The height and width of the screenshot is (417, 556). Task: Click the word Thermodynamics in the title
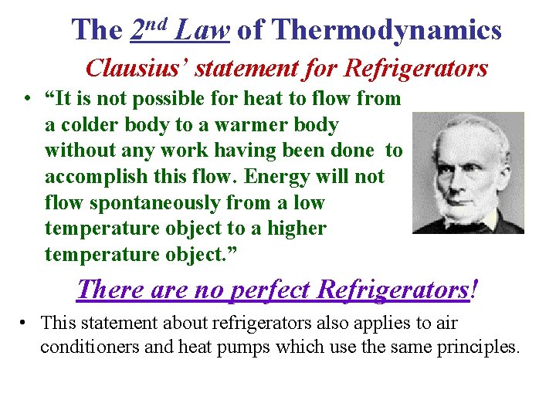point(387,30)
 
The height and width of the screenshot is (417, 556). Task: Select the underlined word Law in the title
point(203,30)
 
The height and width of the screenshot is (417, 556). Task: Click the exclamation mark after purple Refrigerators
point(473,290)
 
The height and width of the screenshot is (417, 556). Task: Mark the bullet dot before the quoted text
point(26,99)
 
